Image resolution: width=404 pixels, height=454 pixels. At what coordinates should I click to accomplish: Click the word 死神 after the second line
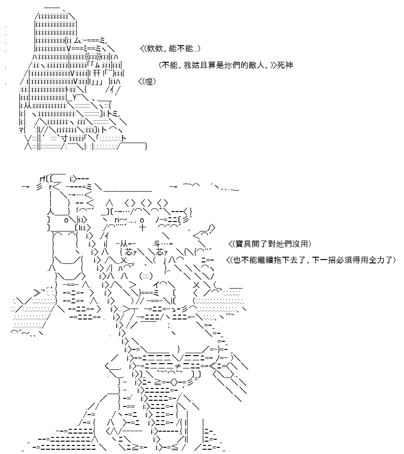(x=285, y=65)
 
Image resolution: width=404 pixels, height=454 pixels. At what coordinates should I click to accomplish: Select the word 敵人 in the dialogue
(x=257, y=65)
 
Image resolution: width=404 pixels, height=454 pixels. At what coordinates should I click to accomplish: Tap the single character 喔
(x=148, y=82)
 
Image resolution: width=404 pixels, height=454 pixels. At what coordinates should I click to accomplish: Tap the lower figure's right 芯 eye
(x=160, y=251)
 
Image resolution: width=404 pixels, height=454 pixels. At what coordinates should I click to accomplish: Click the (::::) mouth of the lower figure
(x=145, y=276)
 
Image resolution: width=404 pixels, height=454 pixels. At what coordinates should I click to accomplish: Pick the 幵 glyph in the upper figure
(x=97, y=73)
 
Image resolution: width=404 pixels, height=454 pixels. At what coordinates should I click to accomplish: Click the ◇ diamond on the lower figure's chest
(x=174, y=383)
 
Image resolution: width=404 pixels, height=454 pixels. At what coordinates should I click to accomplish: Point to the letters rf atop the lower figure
(x=42, y=179)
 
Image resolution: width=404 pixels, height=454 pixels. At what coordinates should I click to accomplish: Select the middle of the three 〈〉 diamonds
(x=145, y=203)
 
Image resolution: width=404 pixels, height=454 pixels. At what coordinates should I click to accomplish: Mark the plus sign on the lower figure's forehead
(x=143, y=228)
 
